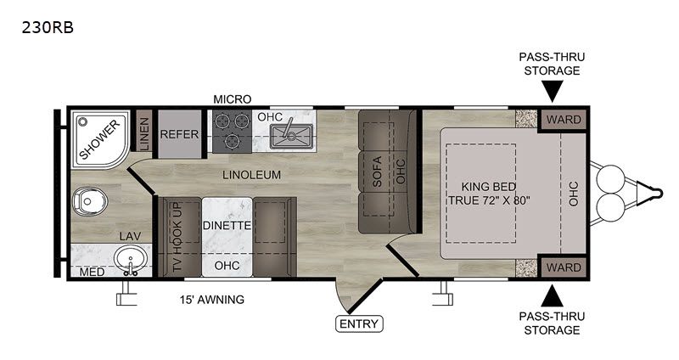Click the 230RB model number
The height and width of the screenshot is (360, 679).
point(48,28)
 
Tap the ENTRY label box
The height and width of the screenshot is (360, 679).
point(359,323)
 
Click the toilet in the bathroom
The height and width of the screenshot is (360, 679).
point(90,201)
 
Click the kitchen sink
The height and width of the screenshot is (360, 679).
point(291,136)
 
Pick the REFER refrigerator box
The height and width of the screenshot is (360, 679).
point(180,134)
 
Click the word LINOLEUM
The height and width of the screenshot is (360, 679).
point(251,175)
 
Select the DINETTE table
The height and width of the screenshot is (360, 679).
point(227,237)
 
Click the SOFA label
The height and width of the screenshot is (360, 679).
point(377,172)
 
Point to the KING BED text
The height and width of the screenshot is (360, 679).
point(489,187)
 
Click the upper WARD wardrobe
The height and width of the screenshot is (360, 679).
point(564,119)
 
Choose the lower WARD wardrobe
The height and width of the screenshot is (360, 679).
point(564,267)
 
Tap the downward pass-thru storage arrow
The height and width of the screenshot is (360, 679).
point(553,92)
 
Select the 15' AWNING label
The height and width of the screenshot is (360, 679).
point(212,300)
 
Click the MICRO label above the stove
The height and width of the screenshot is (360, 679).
point(233,99)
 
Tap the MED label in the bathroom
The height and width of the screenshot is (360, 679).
point(92,272)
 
